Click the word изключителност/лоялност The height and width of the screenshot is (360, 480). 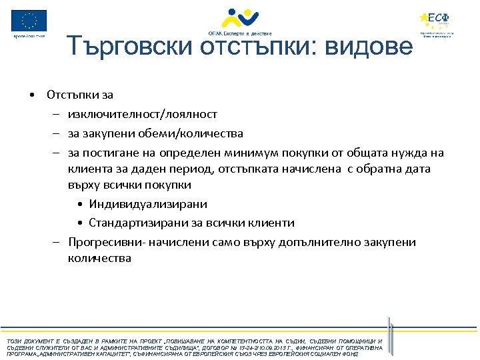(x=142, y=115)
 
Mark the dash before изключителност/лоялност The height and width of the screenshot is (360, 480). (x=57, y=115)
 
